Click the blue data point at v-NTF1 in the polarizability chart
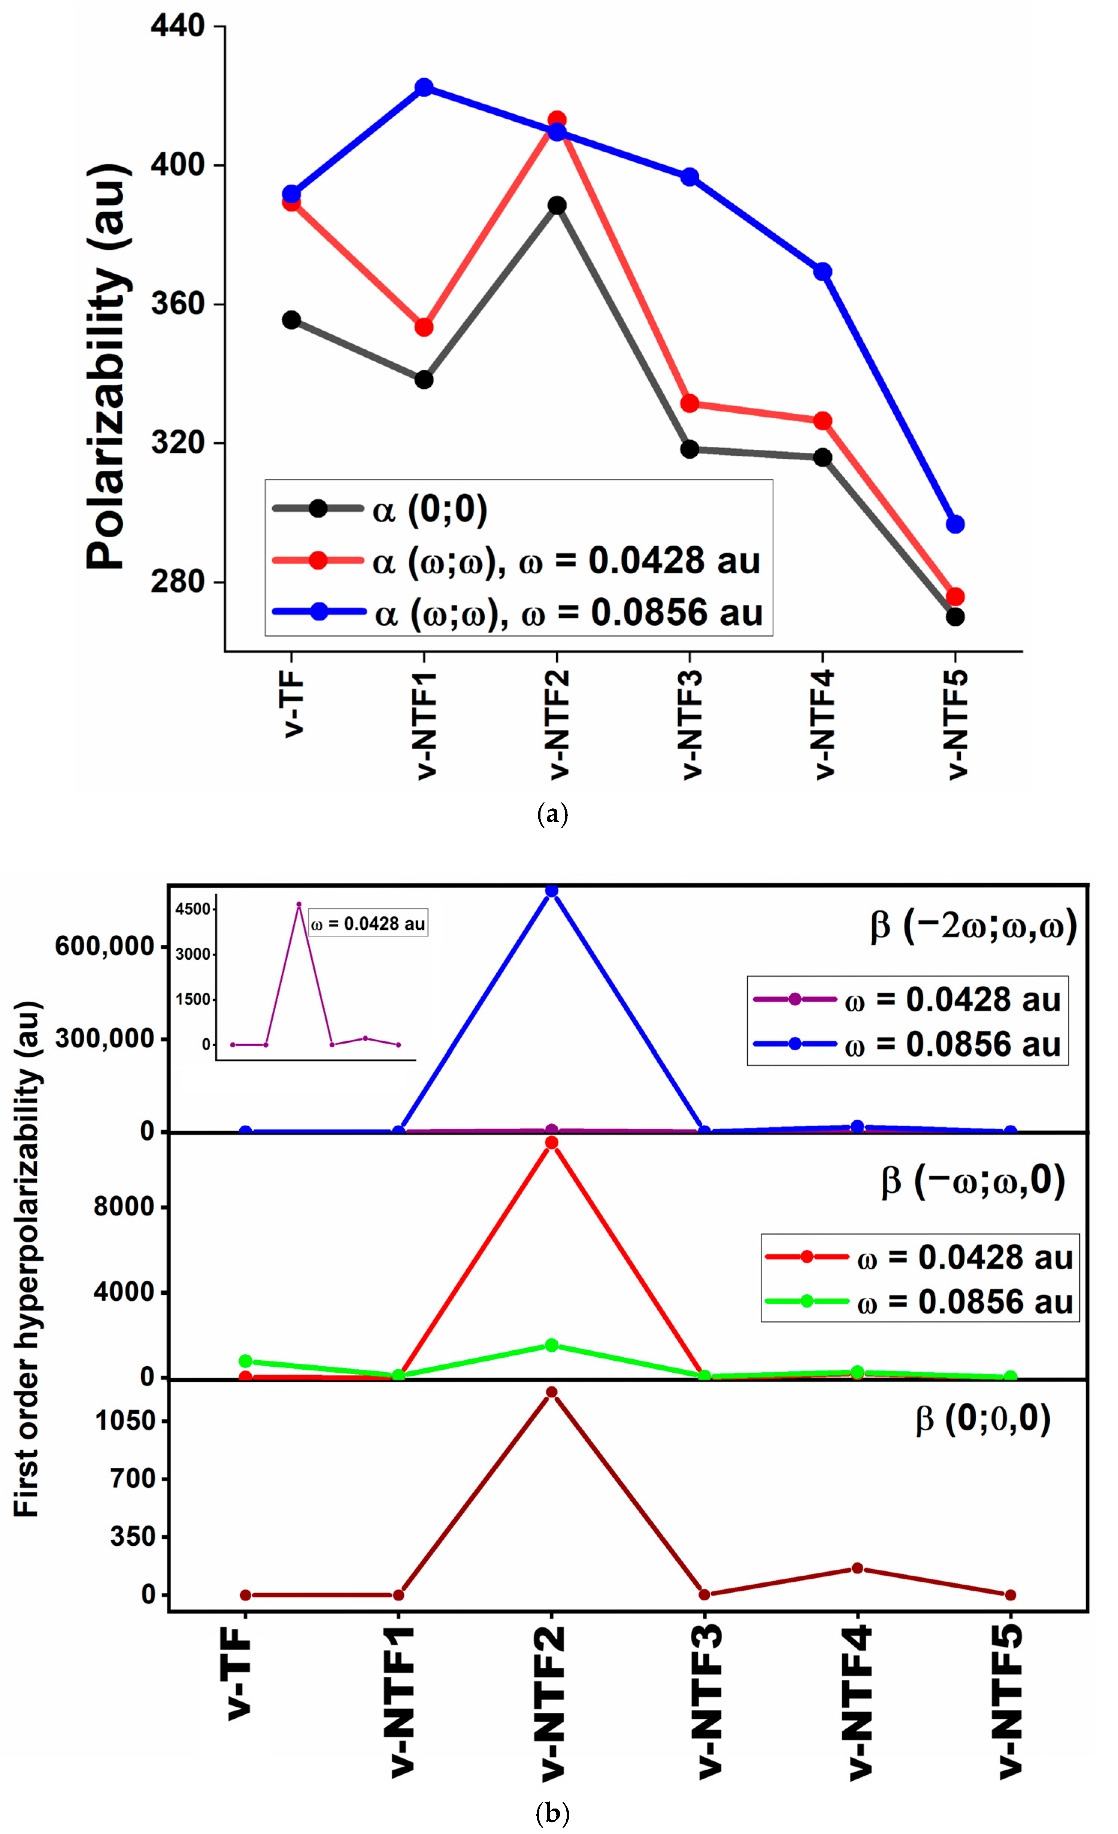pos(424,87)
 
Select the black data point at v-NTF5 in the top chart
pos(955,617)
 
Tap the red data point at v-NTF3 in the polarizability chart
pos(689,403)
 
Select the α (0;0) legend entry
pos(428,509)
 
